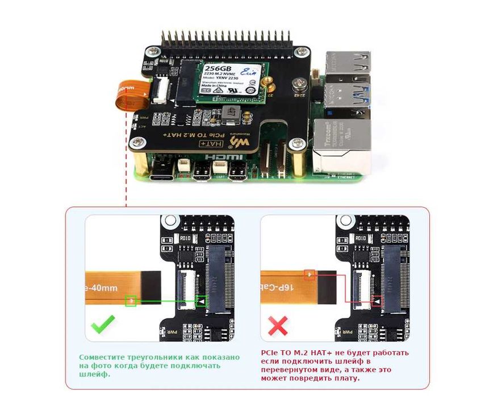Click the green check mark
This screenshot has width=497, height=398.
coord(103,326)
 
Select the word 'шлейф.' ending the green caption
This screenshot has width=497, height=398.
coord(90,374)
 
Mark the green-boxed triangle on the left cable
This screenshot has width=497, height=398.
coord(131,300)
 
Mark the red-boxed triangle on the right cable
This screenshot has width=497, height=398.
coord(309,275)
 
